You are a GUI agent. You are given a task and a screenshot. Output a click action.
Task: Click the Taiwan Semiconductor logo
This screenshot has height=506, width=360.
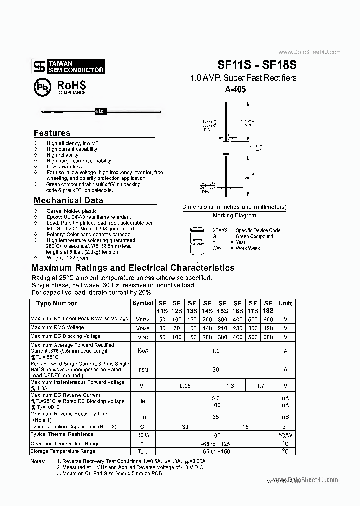point(69,67)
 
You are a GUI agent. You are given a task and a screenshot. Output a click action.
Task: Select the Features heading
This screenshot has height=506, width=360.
point(52,133)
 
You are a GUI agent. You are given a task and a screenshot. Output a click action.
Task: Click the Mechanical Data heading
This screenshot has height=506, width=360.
point(68,200)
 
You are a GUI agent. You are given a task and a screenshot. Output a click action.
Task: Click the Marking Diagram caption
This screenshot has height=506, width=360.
point(234,215)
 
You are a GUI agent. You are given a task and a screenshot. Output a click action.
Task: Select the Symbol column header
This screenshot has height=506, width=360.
point(143,303)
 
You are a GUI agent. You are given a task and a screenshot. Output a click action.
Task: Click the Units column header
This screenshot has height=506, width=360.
point(285,303)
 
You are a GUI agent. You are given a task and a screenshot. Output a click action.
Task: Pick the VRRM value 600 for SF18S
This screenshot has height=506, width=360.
point(268,319)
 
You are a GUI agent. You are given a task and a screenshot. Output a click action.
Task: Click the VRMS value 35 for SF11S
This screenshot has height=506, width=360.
point(162,328)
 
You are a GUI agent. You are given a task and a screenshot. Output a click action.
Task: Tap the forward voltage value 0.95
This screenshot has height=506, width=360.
point(185,385)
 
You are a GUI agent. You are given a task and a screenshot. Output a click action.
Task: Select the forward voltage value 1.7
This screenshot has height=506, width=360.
point(260,385)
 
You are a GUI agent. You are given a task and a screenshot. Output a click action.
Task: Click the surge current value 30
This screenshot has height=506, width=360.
point(215,369)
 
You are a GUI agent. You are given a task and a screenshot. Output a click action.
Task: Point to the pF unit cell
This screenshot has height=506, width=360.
point(285,427)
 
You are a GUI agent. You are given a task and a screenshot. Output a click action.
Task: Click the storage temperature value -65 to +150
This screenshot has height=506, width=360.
point(215,452)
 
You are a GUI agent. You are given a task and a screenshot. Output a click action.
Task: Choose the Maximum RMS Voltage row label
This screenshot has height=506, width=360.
point(57,328)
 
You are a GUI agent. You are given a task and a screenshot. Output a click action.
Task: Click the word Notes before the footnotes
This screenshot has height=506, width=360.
point(38,461)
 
